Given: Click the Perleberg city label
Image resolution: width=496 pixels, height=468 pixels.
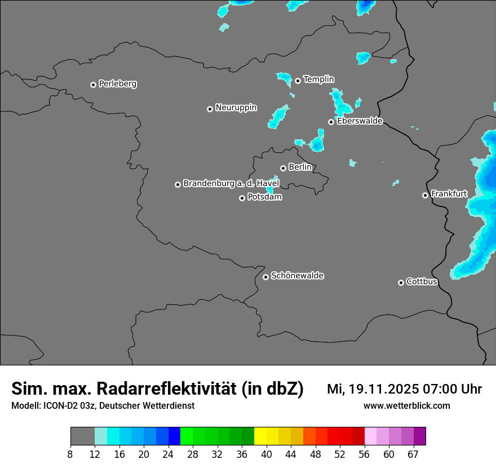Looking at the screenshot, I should pyautogui.click(x=117, y=84).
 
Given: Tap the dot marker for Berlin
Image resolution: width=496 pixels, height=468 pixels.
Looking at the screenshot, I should pyautogui.click(x=283, y=168).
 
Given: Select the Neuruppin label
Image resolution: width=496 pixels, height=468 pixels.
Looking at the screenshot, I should pyautogui.click(x=236, y=108).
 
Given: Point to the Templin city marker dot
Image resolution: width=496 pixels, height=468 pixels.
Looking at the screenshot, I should pyautogui.click(x=298, y=81).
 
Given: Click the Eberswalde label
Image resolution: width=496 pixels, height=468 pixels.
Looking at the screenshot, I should pyautogui.click(x=360, y=121).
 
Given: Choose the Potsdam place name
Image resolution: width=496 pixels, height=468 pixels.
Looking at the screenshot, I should pyautogui.click(x=264, y=197).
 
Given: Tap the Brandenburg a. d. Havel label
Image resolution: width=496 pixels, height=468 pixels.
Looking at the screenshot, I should pyautogui.click(x=231, y=184).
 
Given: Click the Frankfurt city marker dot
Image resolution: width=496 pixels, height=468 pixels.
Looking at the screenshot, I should pyautogui.click(x=425, y=195).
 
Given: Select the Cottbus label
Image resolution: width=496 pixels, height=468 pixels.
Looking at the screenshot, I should pyautogui.click(x=422, y=281).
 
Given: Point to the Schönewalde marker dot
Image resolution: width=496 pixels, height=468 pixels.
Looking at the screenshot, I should pyautogui.click(x=265, y=277).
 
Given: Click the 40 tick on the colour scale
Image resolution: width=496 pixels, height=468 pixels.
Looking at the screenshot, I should pyautogui.click(x=267, y=454).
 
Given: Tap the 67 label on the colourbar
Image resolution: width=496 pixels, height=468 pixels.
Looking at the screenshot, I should pyautogui.click(x=413, y=454).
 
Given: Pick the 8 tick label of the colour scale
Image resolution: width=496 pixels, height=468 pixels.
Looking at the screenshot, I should pyautogui.click(x=70, y=454).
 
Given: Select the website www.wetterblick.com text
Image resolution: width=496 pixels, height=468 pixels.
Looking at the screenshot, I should pyautogui.click(x=406, y=405).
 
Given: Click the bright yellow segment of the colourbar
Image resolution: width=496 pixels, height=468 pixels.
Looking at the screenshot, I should pyautogui.click(x=260, y=436).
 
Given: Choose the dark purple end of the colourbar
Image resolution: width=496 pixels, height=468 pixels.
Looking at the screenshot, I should pyautogui.click(x=419, y=436).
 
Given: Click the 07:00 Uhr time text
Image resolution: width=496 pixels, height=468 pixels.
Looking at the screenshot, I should pyautogui.click(x=451, y=389).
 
